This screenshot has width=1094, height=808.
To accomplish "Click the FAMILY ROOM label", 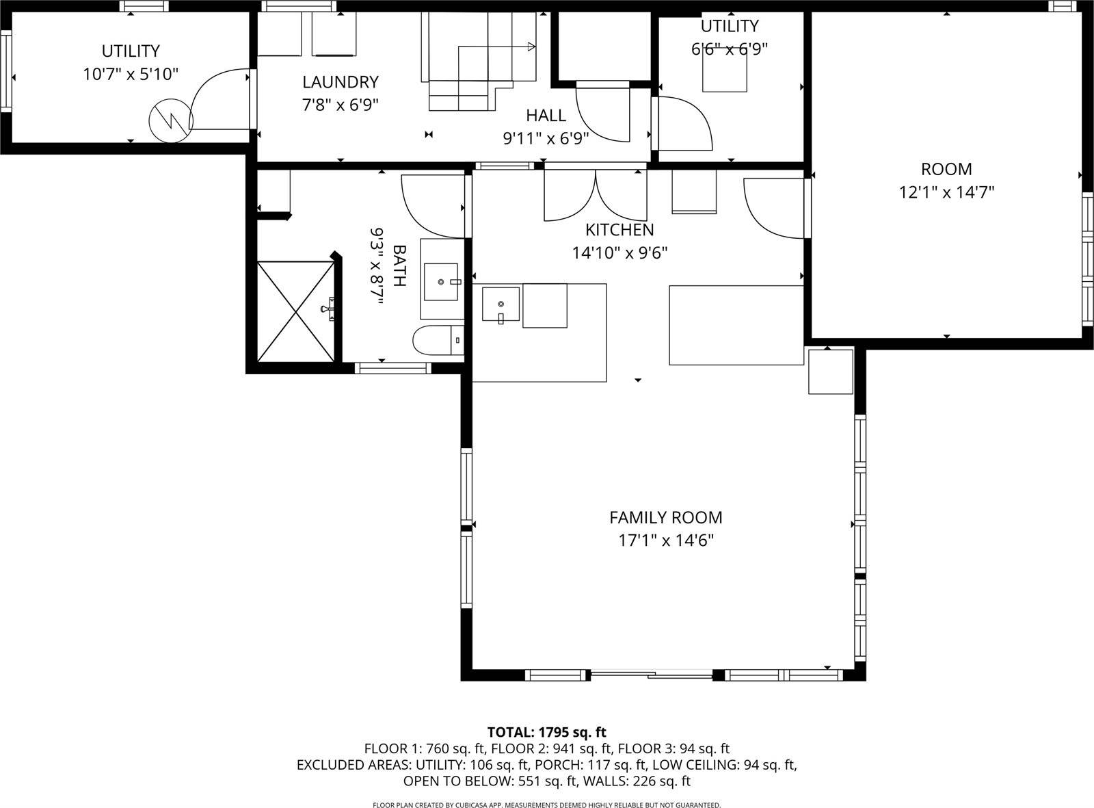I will click(x=665, y=517).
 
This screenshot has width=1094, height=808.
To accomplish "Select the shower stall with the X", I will click(x=296, y=311).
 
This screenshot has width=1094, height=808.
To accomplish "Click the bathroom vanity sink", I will click(x=441, y=281).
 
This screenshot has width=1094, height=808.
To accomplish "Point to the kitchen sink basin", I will click(x=501, y=304).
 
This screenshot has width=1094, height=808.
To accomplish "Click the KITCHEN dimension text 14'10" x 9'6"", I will click(x=619, y=253).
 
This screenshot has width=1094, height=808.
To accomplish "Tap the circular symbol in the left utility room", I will click(x=170, y=121).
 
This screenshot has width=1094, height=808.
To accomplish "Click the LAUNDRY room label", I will click(x=340, y=82).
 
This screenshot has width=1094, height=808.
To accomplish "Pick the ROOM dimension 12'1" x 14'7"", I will click(x=946, y=192).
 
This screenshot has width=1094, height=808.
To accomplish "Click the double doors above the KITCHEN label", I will click(x=596, y=196).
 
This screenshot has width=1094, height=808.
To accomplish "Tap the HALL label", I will click(x=546, y=116).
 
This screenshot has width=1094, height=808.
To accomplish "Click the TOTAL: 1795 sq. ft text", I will click(x=546, y=732).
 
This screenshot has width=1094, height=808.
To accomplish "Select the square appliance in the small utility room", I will click(x=725, y=70).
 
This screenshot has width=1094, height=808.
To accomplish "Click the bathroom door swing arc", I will click(x=431, y=205).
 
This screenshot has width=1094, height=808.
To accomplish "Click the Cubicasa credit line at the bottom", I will click(x=546, y=805).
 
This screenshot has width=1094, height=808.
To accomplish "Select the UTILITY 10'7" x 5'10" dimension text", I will click(x=131, y=74).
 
